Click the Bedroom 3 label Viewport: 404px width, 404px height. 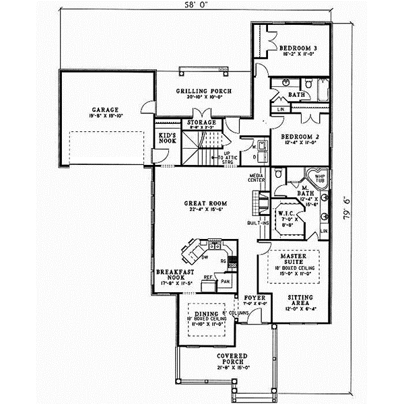point(300,48)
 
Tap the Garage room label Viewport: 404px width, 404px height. point(106,109)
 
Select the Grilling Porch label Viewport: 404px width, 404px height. point(204,91)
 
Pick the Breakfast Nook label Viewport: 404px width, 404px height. point(171,275)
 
